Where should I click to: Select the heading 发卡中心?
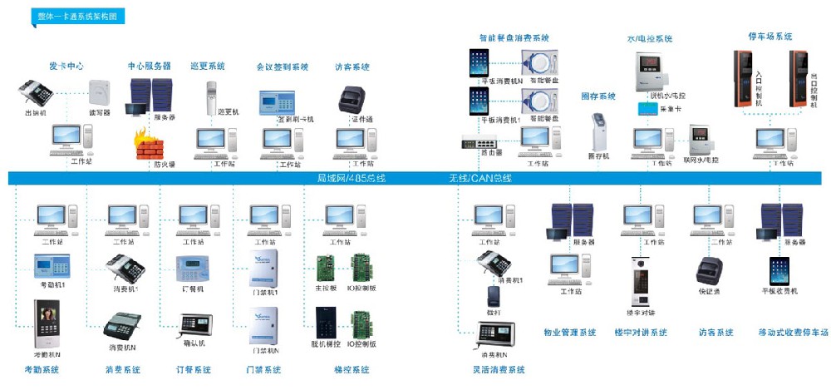pos(66,66)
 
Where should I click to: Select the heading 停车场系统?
pos(770,37)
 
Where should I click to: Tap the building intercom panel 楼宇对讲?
pos(640,282)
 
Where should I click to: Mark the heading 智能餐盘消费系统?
pos(514,37)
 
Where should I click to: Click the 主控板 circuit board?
pos(323,267)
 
